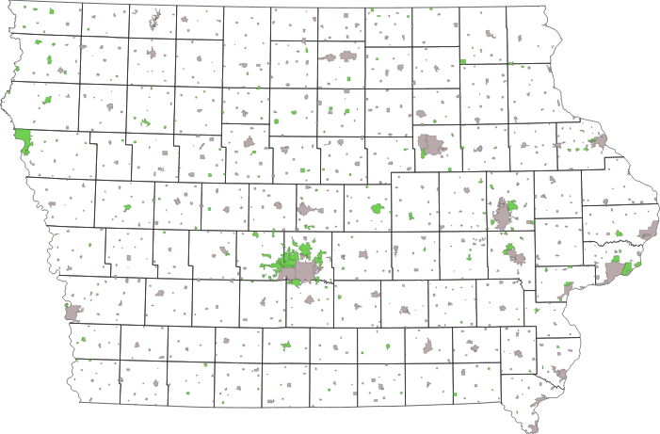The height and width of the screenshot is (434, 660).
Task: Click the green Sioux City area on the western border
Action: pos(22,142)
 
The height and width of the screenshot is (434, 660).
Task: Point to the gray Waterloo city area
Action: pos(432,145)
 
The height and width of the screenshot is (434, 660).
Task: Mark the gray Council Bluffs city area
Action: pos(72,311)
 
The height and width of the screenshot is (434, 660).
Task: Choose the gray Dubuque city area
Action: pos(598,141)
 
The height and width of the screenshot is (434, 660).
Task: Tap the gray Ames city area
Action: pos(307,209)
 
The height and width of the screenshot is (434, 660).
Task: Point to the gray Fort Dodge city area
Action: pos(250,143)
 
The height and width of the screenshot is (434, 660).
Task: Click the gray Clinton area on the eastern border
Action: pos(648,232)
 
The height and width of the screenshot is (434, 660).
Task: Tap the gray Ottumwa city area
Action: pos(428,346)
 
